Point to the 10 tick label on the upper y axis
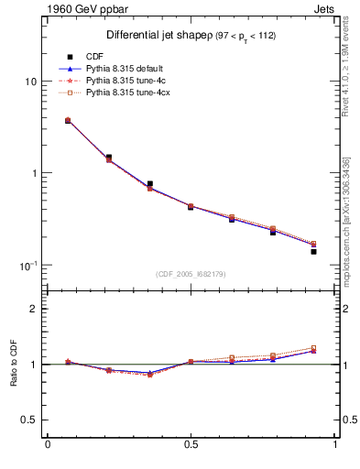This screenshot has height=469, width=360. point(29,82)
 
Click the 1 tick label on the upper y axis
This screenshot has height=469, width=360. point(32,173)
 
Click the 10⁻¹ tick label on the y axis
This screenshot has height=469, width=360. point(28,265)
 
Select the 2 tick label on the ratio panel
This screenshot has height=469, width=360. point(33,309)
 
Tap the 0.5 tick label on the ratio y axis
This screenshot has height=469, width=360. point(27,420)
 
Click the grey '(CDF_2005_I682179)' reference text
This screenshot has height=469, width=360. point(191,274)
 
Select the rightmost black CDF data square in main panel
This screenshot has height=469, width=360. point(313,251)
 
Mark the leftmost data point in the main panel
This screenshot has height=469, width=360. point(69,120)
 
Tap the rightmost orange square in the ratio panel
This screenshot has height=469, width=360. point(313,348)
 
